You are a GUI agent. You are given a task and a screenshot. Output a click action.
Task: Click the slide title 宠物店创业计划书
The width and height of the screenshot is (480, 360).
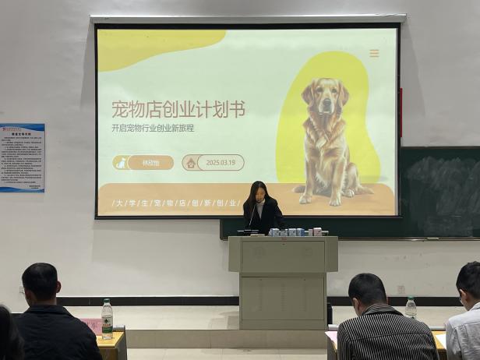pos(178,109)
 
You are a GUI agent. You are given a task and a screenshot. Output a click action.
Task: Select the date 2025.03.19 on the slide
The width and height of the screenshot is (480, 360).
pos(221,163)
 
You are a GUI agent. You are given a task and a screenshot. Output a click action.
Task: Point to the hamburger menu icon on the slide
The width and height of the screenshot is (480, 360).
pos(374,54)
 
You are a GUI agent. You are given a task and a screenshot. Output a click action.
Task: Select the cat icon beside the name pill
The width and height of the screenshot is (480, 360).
pos(121,163)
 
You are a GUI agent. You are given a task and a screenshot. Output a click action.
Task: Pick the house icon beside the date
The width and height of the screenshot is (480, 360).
pos(189,163)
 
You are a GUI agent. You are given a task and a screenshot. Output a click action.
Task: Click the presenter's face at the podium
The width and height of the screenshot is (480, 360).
pos(258,193)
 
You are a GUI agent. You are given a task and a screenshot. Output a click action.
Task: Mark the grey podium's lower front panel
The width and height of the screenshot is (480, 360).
pos(282,300)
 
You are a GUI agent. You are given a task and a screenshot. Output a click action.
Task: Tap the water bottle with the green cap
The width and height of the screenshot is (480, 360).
pos(107,318)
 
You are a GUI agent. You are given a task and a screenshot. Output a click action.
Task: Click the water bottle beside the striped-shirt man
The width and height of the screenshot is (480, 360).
pos(410,307)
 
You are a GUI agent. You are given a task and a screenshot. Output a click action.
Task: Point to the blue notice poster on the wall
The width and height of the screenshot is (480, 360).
pos(22,157)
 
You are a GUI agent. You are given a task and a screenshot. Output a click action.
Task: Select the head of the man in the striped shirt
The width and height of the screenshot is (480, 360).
pos(368,291)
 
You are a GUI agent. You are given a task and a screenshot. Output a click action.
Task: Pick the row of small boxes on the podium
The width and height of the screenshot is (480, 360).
pos(296,231)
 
